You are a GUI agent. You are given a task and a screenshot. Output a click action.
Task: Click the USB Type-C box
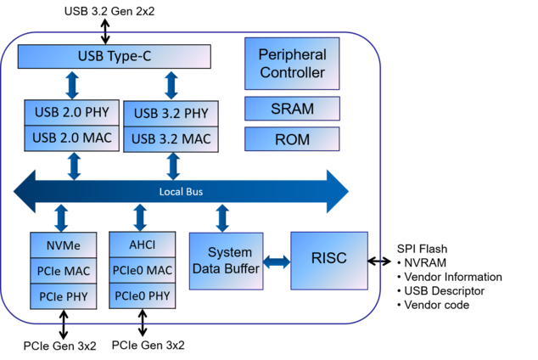[115, 57]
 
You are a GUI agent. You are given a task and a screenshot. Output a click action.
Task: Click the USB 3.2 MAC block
[171, 138]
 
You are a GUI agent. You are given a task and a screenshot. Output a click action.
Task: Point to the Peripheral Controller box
[292, 64]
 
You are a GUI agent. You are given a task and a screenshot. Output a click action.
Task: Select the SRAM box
[292, 109]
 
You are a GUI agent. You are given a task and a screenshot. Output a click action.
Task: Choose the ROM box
[292, 139]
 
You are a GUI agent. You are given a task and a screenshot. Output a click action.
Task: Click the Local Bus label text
[181, 192]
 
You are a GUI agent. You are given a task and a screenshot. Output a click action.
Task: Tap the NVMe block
[64, 245]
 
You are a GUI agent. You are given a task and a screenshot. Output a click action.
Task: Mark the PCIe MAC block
[64, 271]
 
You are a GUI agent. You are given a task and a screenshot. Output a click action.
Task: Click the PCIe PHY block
[64, 296]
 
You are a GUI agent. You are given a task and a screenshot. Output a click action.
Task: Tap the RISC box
[329, 259]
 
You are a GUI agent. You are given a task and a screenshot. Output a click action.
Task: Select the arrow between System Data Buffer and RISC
[277, 262]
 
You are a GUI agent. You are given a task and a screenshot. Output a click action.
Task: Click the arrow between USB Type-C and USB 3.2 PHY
[171, 85]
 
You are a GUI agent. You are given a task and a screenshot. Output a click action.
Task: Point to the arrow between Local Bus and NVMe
[60, 217]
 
